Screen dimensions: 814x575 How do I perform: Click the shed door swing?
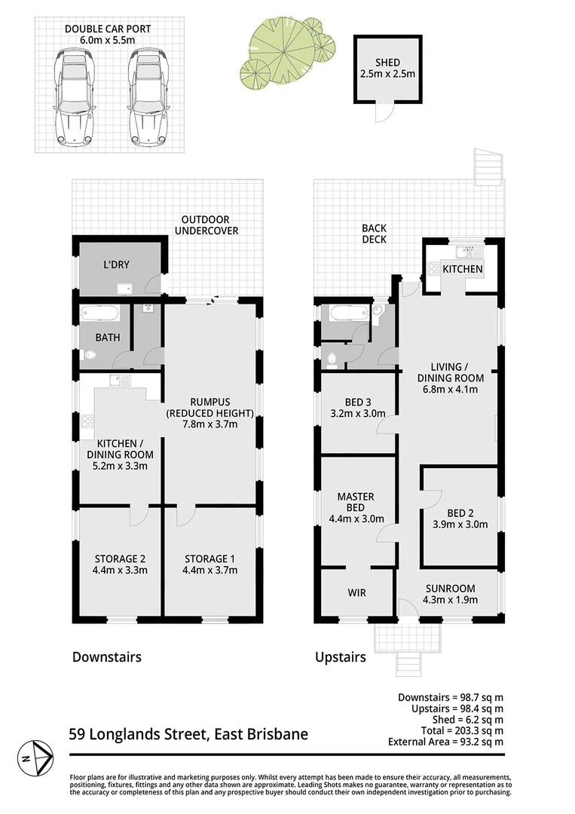click(384, 112)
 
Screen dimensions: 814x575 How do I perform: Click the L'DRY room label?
click(117, 265)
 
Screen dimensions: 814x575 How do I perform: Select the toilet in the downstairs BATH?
click(91, 356)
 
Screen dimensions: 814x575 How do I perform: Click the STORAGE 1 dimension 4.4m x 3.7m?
click(211, 570)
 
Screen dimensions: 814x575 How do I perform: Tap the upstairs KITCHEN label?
click(462, 269)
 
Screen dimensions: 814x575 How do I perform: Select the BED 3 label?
click(357, 401)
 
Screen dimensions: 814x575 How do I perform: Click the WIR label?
click(356, 592)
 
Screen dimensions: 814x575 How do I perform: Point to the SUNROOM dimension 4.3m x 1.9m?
click(449, 600)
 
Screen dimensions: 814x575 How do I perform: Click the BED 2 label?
click(459, 513)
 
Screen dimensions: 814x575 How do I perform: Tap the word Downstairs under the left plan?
click(106, 656)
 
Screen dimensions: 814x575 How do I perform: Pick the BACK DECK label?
click(374, 234)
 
